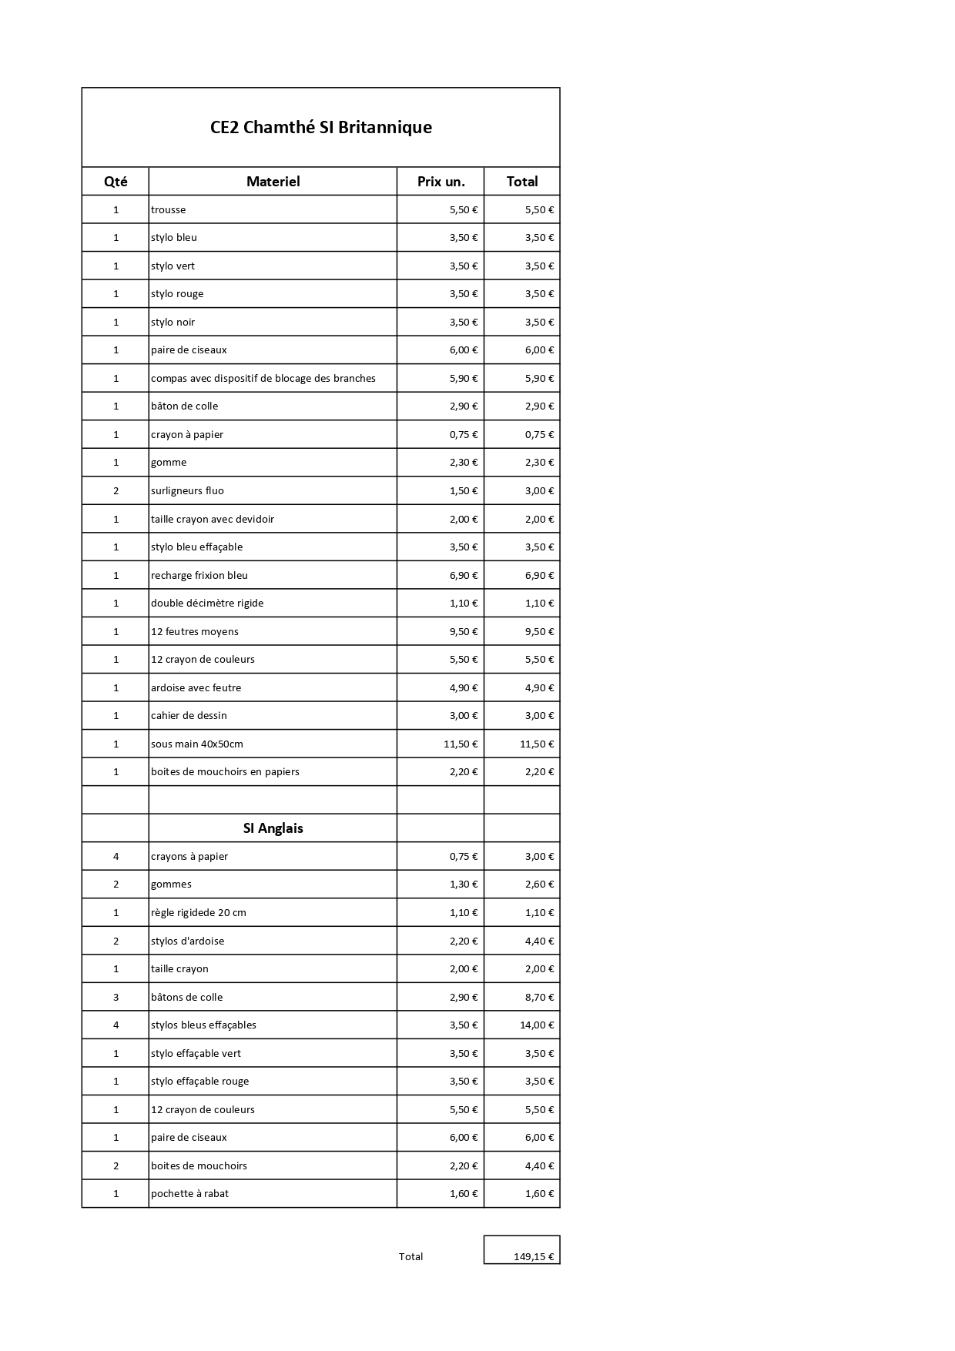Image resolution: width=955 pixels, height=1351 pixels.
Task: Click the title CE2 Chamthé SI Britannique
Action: click(x=320, y=127)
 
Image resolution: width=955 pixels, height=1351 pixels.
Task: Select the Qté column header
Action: click(x=116, y=182)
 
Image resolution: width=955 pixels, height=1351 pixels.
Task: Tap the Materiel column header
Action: click(x=273, y=182)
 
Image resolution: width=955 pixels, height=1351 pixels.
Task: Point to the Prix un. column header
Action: click(x=441, y=182)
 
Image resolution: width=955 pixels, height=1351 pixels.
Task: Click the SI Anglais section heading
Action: click(x=273, y=828)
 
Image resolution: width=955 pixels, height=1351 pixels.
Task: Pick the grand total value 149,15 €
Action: click(x=534, y=1256)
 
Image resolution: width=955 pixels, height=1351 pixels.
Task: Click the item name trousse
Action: click(x=169, y=209)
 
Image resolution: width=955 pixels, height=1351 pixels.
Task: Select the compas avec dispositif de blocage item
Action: click(x=263, y=378)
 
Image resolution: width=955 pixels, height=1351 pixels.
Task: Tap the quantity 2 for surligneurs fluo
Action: click(x=116, y=490)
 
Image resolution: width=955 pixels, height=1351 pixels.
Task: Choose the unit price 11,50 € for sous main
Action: click(x=461, y=744)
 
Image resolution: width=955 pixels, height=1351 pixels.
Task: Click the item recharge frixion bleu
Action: click(x=199, y=575)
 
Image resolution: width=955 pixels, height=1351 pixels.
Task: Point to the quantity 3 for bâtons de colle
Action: click(x=116, y=997)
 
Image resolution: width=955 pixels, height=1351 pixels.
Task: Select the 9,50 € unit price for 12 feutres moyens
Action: click(x=464, y=631)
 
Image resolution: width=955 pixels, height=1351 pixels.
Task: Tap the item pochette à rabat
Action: click(x=189, y=1193)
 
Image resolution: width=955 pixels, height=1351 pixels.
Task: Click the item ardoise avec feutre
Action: click(x=196, y=687)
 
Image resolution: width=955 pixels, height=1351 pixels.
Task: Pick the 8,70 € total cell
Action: click(x=539, y=997)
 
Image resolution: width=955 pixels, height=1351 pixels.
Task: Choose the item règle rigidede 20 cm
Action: click(x=199, y=912)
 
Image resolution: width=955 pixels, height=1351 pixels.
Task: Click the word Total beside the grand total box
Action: click(x=410, y=1256)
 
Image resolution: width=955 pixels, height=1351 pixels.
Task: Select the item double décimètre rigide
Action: click(x=207, y=603)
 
